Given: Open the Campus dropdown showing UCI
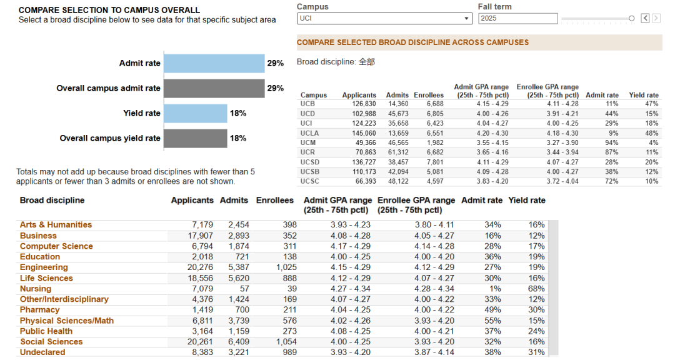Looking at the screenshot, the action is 384,19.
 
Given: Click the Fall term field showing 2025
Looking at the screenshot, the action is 518,19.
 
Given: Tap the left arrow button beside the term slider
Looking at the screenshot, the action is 645,18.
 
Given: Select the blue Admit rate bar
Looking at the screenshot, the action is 214,63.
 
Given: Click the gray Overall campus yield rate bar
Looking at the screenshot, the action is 196,138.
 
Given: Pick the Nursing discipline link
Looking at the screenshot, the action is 36,289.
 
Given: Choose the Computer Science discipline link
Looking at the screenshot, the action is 56,246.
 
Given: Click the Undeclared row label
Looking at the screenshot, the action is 42,352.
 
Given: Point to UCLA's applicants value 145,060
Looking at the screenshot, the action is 364,133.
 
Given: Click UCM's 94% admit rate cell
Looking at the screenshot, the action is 612,142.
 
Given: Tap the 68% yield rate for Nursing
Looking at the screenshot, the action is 536,289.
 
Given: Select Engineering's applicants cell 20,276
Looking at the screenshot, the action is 200,267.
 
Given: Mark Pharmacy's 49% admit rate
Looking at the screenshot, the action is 492,310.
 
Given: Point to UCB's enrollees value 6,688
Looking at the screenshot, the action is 435,104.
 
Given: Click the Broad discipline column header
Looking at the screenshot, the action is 52,200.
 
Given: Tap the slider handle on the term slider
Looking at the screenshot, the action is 631,18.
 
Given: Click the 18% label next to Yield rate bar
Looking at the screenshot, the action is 238,113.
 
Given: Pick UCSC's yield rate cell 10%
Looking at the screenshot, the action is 652,181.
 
